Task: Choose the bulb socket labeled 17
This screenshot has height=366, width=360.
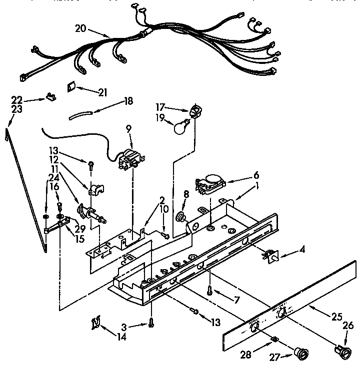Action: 194,111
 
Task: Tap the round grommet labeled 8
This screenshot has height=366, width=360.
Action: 181,218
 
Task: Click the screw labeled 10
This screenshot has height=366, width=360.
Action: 165,236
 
